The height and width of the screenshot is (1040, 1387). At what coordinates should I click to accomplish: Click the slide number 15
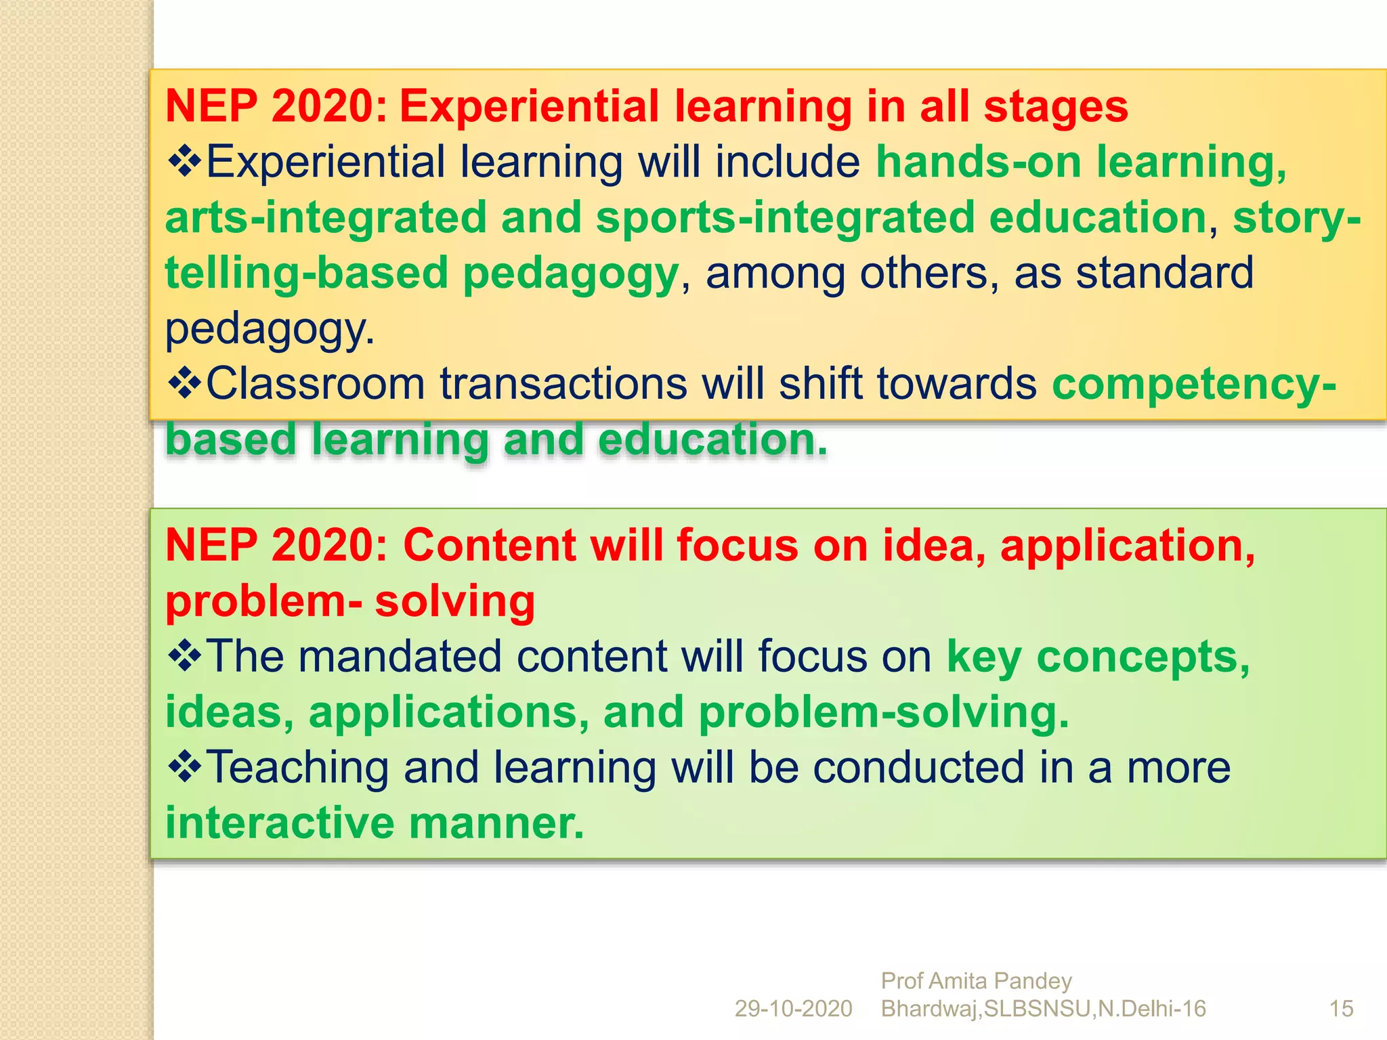[1341, 1009]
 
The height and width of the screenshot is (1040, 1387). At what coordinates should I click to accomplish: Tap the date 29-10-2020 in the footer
[793, 1009]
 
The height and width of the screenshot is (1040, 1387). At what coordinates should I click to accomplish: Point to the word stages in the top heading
[1056, 107]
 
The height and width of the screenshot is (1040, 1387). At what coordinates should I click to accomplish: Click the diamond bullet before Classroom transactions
[184, 384]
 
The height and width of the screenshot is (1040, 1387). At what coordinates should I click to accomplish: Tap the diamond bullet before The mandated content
[184, 656]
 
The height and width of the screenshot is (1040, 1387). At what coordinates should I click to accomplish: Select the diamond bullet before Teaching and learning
[184, 767]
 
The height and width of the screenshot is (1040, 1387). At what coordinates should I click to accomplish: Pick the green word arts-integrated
[326, 218]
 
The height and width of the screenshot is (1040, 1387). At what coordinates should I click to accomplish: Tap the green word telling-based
[306, 274]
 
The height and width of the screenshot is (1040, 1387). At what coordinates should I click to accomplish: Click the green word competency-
[1194, 384]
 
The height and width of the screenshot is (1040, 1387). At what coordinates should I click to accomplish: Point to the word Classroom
[316, 384]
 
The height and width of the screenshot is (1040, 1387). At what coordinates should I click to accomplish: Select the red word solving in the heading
[454, 601]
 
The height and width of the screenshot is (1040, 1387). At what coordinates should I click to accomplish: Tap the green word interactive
[280, 823]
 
